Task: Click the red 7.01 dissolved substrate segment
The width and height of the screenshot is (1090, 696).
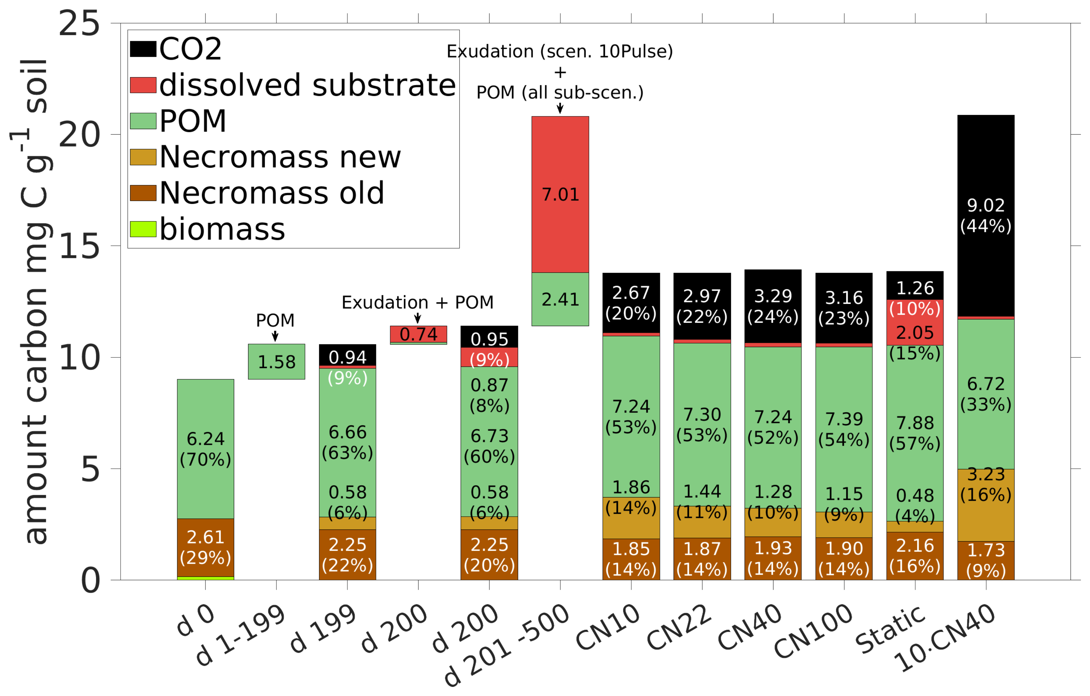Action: click(560, 195)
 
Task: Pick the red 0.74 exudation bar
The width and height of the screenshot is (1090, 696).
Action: click(418, 334)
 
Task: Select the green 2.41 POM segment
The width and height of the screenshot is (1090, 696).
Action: click(560, 299)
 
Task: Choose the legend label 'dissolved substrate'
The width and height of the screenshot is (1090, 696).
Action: click(307, 85)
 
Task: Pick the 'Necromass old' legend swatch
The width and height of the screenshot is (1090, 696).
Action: click(143, 193)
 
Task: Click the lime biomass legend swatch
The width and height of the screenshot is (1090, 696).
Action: click(143, 229)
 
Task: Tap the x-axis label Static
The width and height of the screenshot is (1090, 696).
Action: click(890, 629)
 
